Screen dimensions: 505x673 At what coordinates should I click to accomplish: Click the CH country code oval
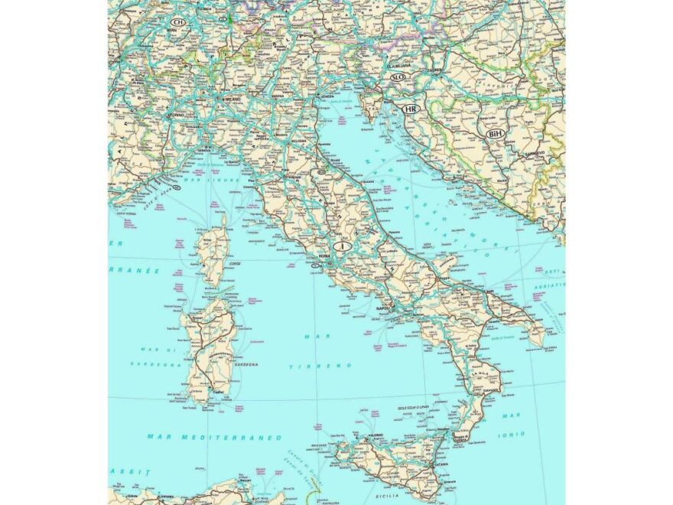point(178,23)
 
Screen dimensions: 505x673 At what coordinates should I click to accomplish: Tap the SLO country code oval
point(398,77)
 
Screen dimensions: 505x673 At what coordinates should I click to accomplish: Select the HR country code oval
point(411,109)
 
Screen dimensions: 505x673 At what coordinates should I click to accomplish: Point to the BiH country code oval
point(495,134)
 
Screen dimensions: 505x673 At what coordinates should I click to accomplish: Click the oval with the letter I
point(344,247)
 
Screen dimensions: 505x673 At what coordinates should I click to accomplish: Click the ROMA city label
point(324,255)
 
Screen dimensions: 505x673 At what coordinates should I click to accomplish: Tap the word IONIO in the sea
point(513,433)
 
